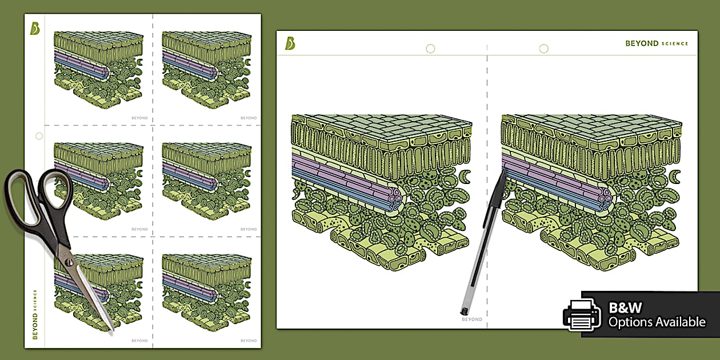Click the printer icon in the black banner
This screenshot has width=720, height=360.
(x=582, y=315)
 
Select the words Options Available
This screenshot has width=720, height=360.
(x=657, y=322)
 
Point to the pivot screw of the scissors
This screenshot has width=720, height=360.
(x=69, y=262)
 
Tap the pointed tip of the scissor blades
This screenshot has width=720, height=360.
(x=113, y=330)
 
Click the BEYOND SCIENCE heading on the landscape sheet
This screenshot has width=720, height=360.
(x=657, y=43)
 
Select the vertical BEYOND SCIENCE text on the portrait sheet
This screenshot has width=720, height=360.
(x=35, y=314)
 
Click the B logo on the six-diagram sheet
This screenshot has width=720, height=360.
(x=35, y=29)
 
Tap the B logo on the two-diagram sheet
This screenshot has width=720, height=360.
(x=290, y=43)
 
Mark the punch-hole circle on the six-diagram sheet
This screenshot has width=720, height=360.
(x=39, y=136)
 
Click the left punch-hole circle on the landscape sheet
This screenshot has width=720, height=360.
(x=430, y=49)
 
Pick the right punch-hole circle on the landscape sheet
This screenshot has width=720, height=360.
(x=543, y=49)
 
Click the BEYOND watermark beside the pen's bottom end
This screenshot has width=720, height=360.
(x=472, y=319)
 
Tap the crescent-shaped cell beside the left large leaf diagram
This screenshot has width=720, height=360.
(x=465, y=177)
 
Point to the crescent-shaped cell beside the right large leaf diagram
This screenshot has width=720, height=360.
(x=675, y=177)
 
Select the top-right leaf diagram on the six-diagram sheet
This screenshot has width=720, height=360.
(x=207, y=70)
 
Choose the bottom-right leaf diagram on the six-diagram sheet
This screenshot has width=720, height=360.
(x=207, y=293)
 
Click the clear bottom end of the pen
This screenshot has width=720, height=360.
(x=464, y=310)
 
